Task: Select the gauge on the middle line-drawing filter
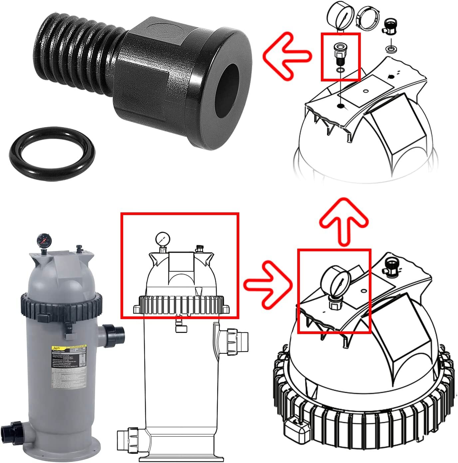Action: coord(162,239)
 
